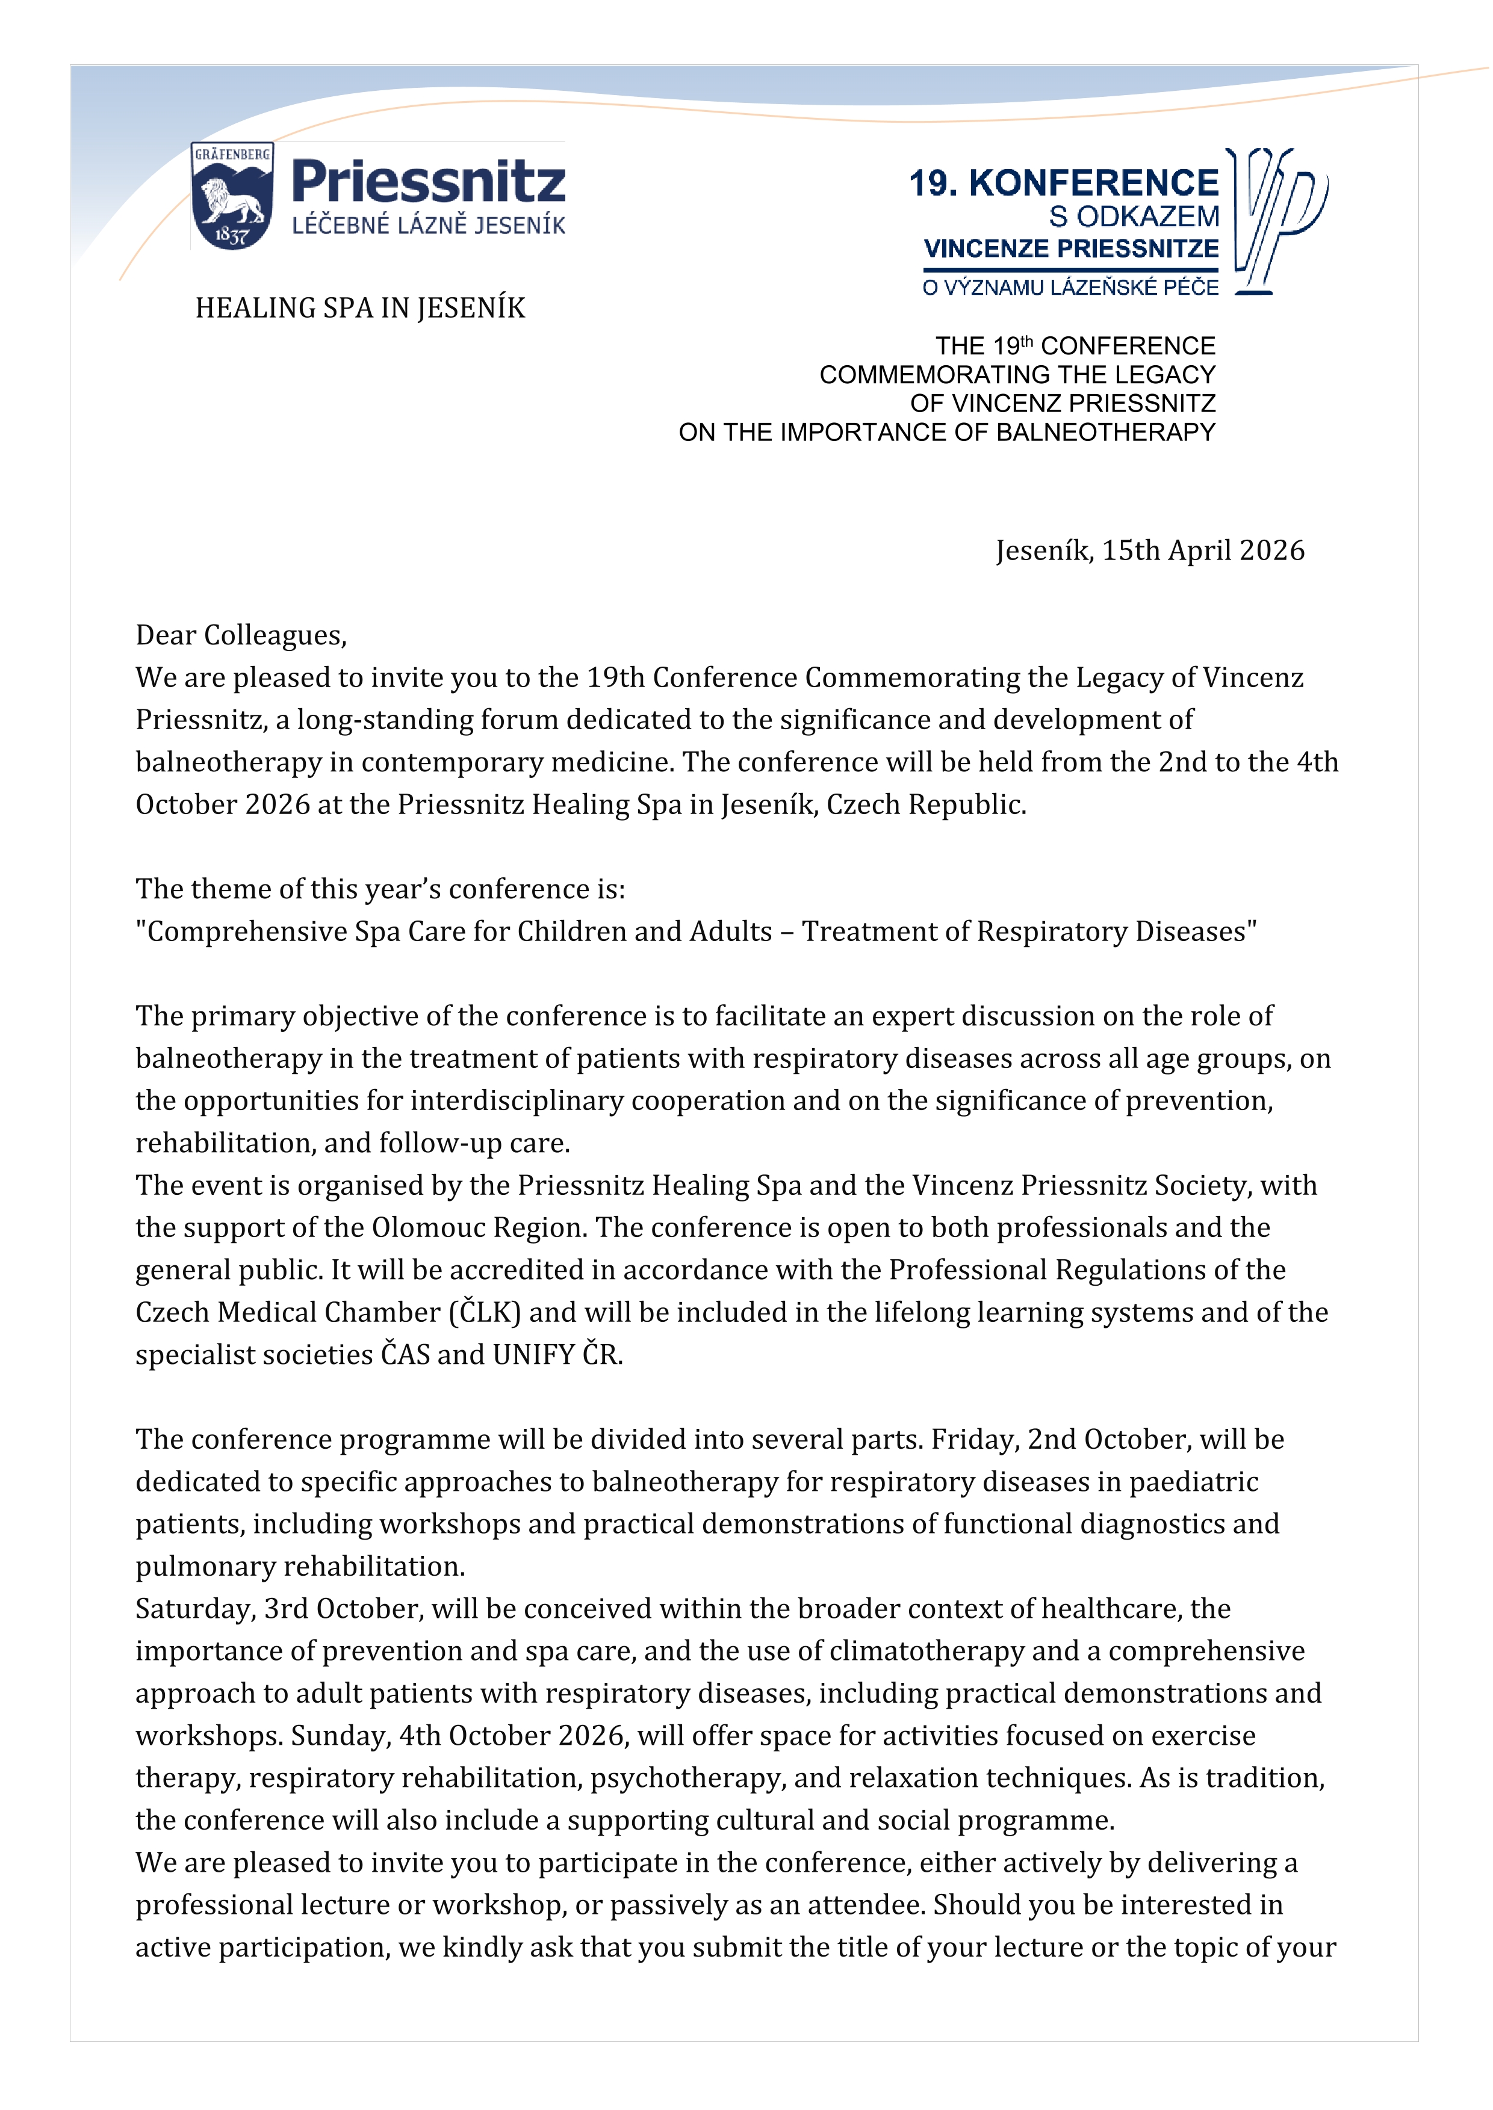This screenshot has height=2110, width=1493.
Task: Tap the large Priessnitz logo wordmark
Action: [x=429, y=181]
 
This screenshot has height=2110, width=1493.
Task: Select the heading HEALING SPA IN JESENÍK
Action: [x=361, y=308]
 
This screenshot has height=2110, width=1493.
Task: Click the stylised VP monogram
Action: [x=1278, y=221]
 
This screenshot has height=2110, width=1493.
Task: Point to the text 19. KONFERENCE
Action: [x=1064, y=183]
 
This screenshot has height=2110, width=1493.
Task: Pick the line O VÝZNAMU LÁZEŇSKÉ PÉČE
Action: [x=1070, y=288]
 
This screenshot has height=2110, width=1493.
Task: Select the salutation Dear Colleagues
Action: [x=241, y=635]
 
